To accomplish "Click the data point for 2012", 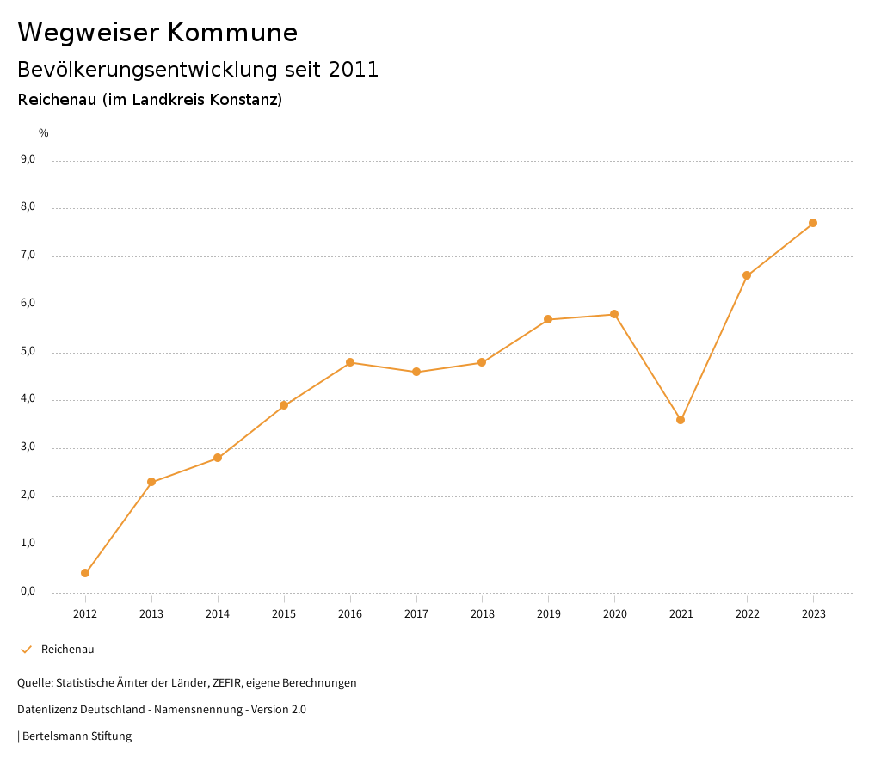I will pyautogui.click(x=85, y=573).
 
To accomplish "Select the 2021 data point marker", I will pyautogui.click(x=681, y=420).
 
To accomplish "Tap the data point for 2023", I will pyautogui.click(x=813, y=223).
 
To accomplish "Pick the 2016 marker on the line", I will pyautogui.click(x=350, y=362).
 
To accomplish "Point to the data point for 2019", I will pyautogui.click(x=548, y=319).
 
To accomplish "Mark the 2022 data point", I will pyautogui.click(x=747, y=275).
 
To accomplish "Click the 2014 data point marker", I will pyautogui.click(x=218, y=458).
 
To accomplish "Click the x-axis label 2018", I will pyautogui.click(x=482, y=614).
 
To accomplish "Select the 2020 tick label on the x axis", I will pyautogui.click(x=614, y=614).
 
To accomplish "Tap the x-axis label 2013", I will pyautogui.click(x=151, y=614).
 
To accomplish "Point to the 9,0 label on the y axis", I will pyautogui.click(x=28, y=159).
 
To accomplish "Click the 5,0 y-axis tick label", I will pyautogui.click(x=28, y=351).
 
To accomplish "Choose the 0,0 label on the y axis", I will pyautogui.click(x=28, y=591).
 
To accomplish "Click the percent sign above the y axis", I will pyautogui.click(x=44, y=133).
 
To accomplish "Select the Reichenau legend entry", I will pyautogui.click(x=67, y=650).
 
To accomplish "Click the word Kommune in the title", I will pyautogui.click(x=232, y=33).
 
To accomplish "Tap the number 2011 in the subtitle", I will pyautogui.click(x=353, y=70).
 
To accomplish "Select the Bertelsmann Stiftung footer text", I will pyautogui.click(x=77, y=736).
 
